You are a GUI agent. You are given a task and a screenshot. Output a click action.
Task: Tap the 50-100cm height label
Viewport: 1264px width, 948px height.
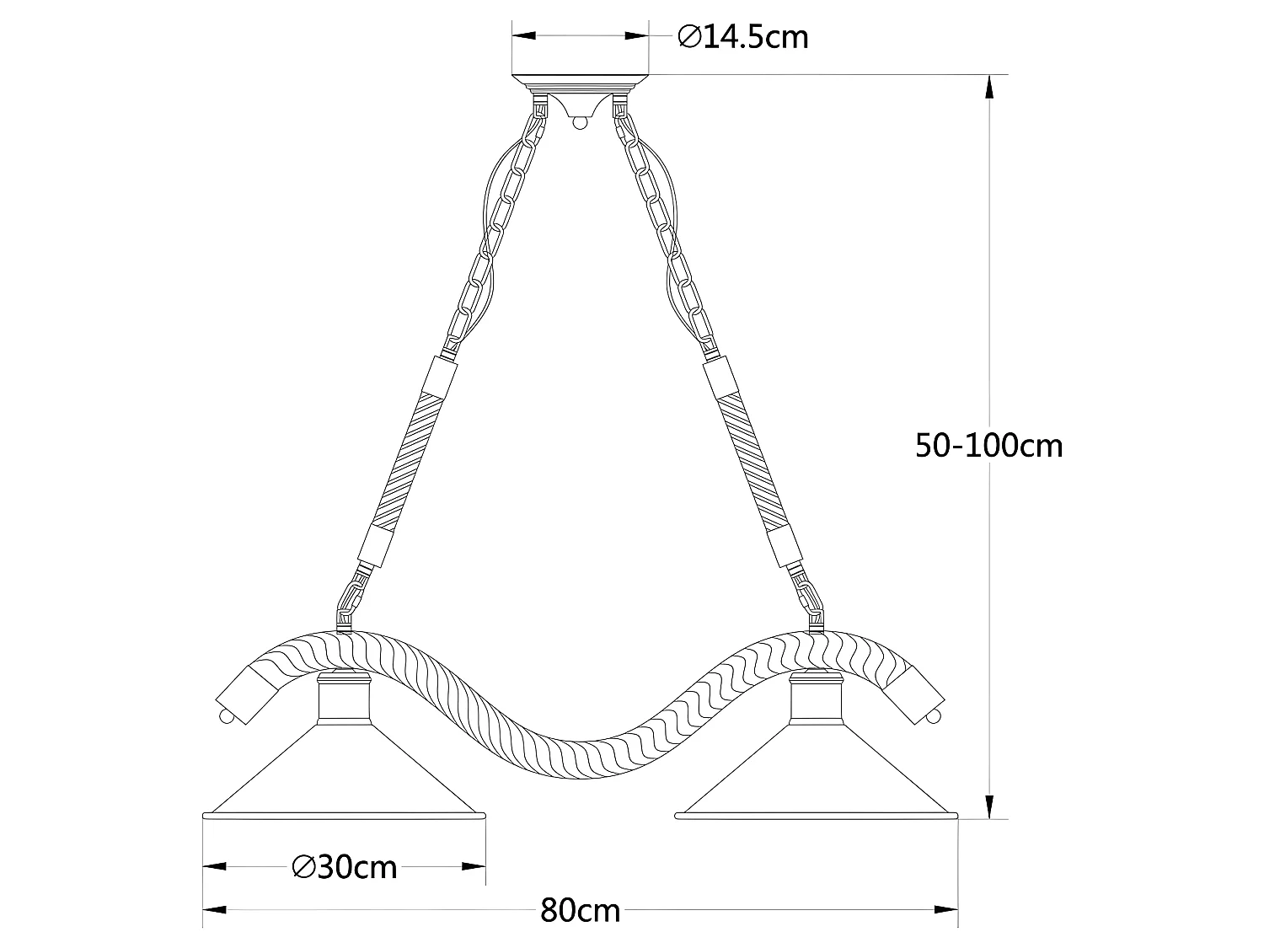[989, 445]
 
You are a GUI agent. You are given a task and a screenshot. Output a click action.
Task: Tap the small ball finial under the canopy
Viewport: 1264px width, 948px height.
[579, 123]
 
